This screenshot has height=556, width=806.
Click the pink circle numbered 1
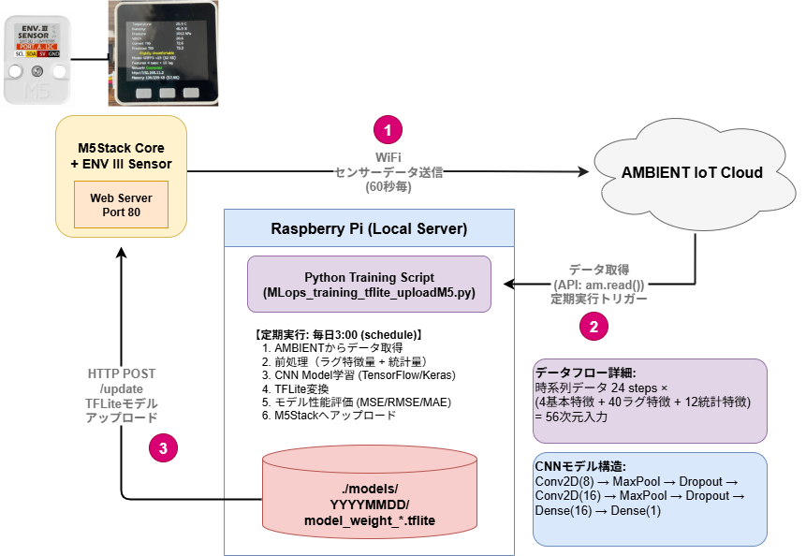[388, 128]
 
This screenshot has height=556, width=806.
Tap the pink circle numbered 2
[594, 326]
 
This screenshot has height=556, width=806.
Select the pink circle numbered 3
[163, 447]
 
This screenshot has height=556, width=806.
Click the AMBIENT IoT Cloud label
[693, 172]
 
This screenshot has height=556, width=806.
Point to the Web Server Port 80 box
[121, 205]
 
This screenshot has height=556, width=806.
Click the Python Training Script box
[369, 285]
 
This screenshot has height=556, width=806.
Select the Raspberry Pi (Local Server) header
[369, 228]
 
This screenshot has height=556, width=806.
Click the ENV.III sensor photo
[36, 57]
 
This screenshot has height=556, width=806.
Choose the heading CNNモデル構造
[574, 466]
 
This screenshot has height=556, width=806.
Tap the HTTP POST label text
[122, 373]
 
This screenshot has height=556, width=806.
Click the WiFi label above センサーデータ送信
[388, 156]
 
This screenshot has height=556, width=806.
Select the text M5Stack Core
[121, 149]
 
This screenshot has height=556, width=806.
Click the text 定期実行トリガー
[599, 300]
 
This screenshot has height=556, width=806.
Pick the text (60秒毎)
[388, 186]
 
